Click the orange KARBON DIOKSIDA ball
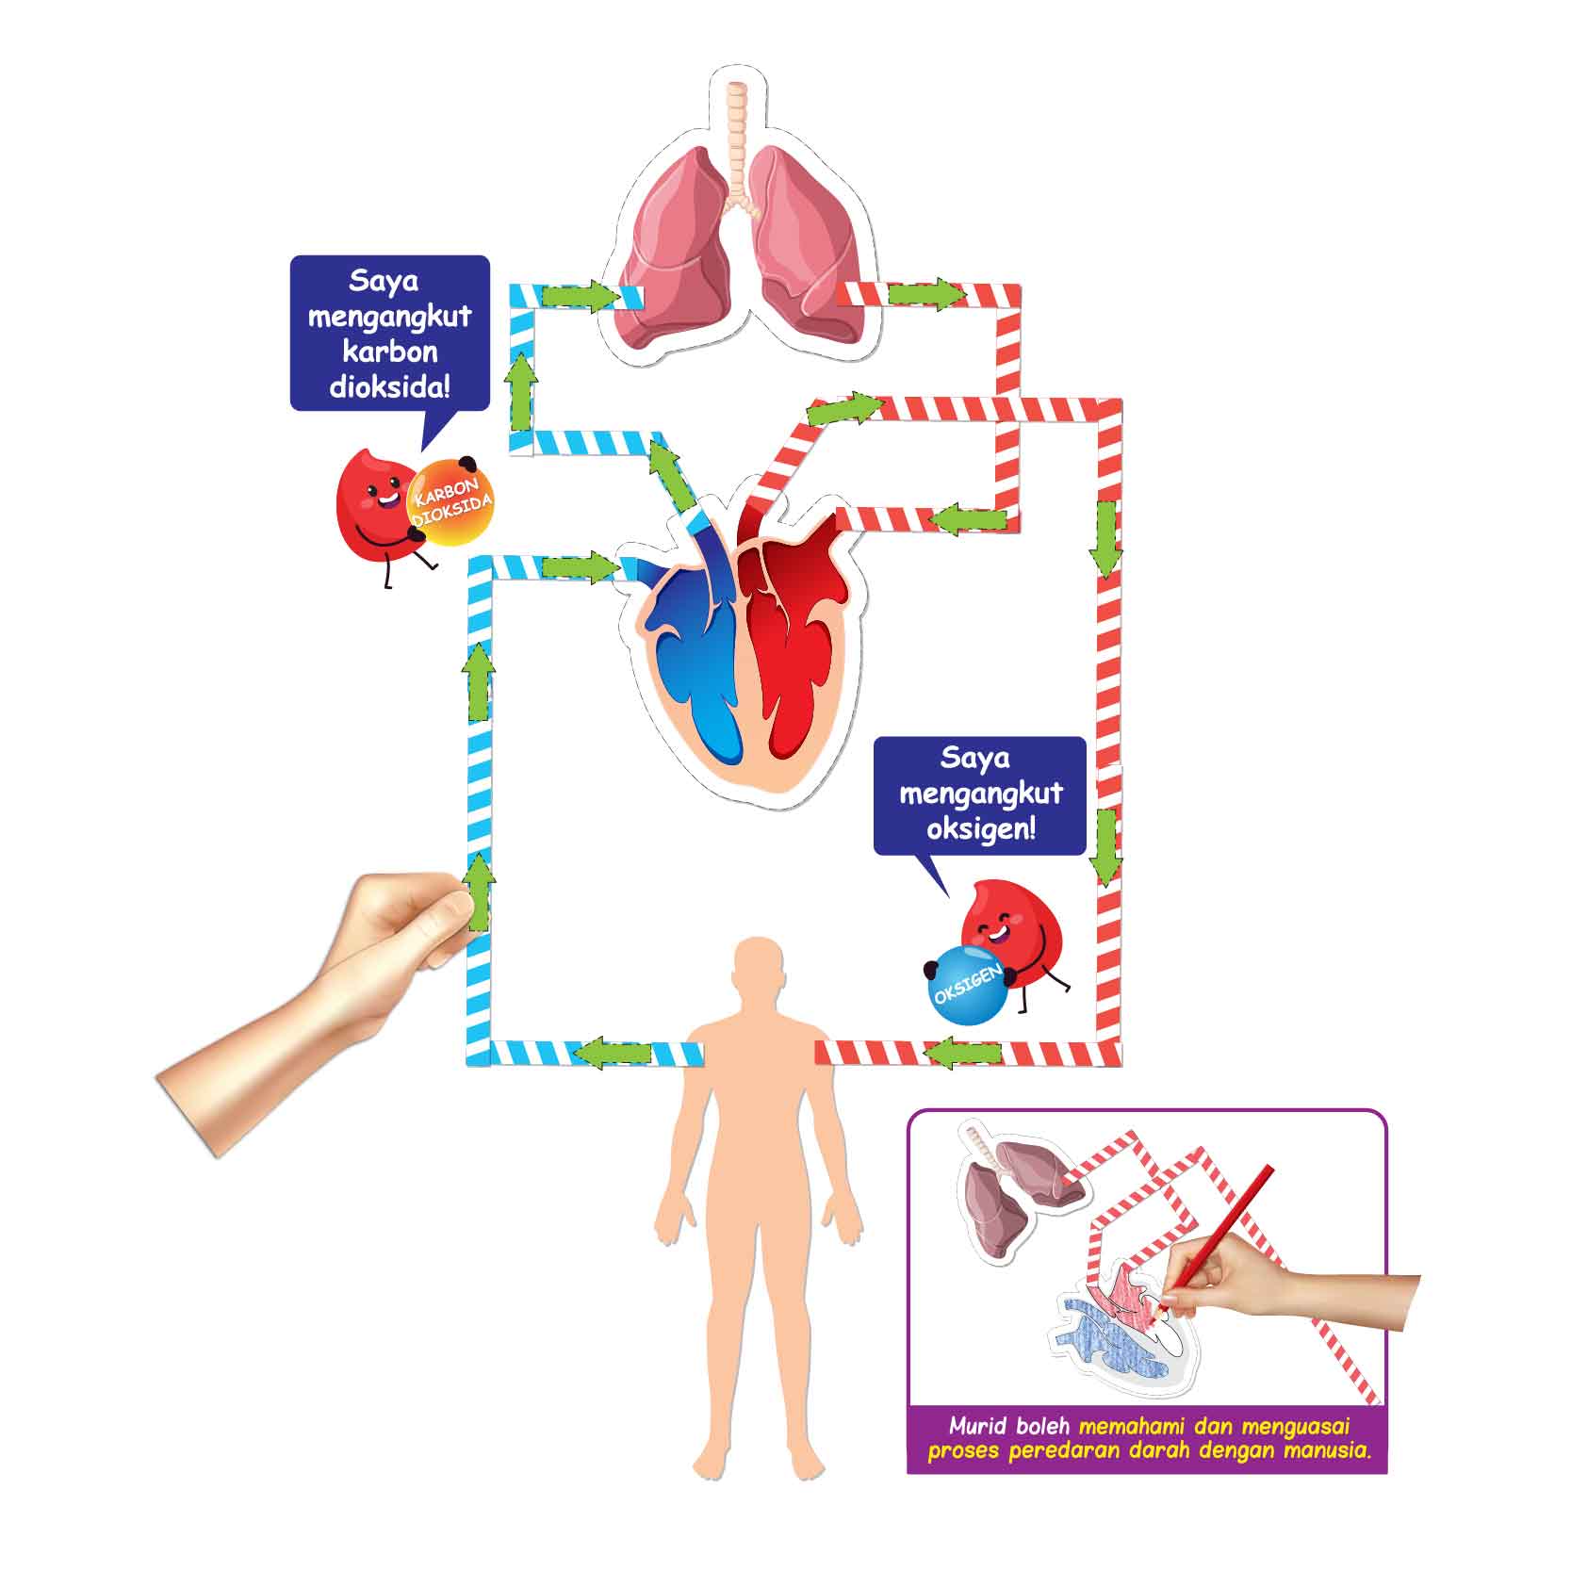click(x=450, y=502)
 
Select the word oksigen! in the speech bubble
click(x=980, y=829)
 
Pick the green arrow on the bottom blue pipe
click(x=614, y=1052)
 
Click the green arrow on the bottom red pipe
click(x=962, y=1052)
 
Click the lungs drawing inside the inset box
click(x=1022, y=1189)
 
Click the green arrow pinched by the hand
click(x=481, y=892)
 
